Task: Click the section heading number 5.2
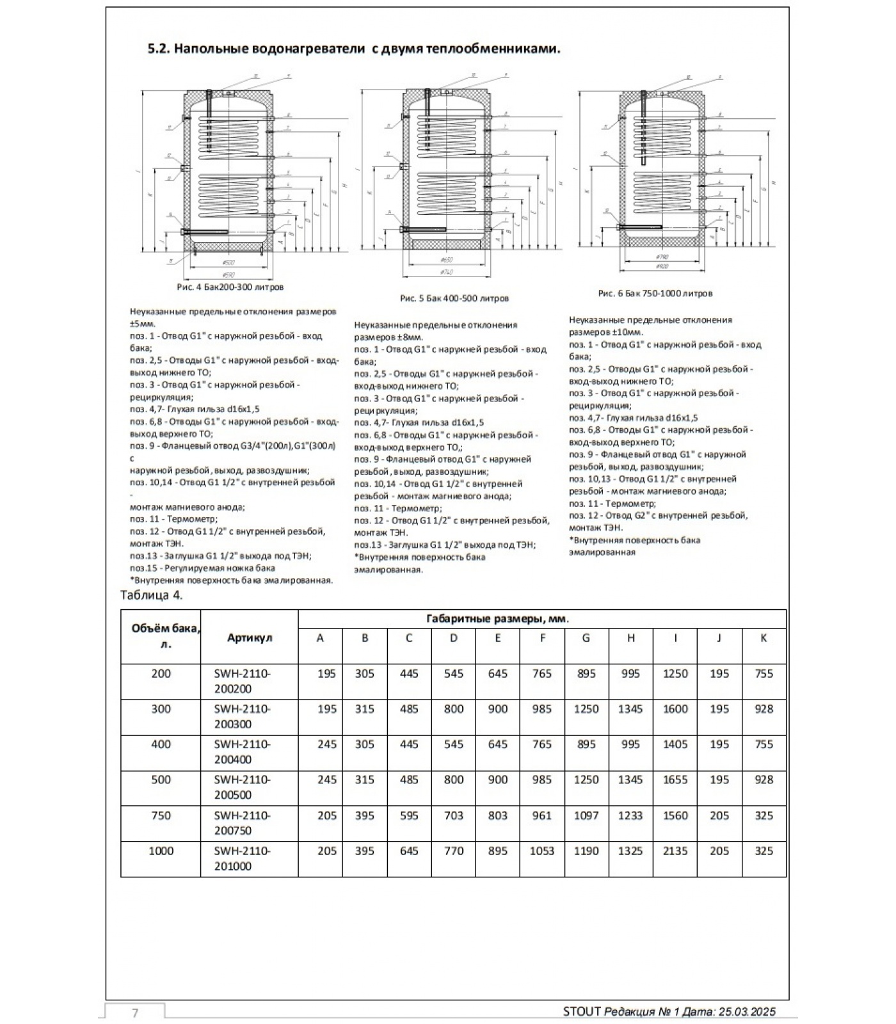159,49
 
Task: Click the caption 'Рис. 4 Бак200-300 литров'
230,287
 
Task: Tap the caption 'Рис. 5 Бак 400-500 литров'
454,298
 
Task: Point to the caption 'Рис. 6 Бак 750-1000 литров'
655,293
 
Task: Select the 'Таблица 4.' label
152,595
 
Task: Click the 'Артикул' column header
249,637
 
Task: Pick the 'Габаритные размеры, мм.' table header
497,619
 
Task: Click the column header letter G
586,638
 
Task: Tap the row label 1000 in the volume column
161,851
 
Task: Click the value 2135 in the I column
675,851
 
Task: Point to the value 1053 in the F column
541,851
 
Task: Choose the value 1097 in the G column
586,815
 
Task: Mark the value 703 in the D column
453,815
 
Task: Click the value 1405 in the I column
675,744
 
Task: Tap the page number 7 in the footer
134,1012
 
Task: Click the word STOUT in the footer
582,1012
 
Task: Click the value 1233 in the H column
630,815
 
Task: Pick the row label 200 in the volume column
161,673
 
